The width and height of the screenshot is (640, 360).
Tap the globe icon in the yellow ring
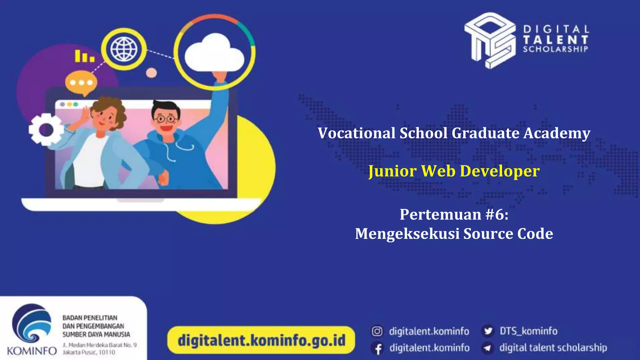(x=124, y=49)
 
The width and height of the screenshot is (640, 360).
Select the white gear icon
(x=46, y=129)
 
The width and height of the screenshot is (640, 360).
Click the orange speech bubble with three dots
(x=81, y=82)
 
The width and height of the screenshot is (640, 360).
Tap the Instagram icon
(x=377, y=331)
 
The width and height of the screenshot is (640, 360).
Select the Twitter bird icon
(x=488, y=331)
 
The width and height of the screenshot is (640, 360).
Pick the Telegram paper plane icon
(x=487, y=348)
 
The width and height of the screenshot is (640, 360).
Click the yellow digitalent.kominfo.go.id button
(x=261, y=340)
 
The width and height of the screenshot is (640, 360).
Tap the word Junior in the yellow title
(x=392, y=171)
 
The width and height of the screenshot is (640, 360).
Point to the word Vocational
(x=357, y=133)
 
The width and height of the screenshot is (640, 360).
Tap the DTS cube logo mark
(x=490, y=40)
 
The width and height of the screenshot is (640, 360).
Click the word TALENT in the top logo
(x=556, y=40)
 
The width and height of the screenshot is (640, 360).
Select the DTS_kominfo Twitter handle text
(x=528, y=331)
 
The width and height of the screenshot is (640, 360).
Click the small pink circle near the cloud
(x=152, y=73)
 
